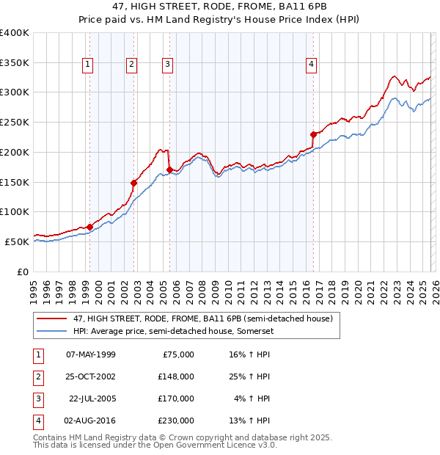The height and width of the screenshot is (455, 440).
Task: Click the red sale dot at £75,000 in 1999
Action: pos(89,227)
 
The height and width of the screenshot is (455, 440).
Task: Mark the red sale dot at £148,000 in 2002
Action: pos(134,183)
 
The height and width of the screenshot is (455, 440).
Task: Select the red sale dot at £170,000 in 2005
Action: pos(169,170)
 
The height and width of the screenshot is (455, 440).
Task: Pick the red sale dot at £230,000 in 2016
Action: pos(313,134)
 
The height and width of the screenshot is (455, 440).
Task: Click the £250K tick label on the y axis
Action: pos(15,123)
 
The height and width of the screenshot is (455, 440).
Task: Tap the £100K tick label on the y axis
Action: pos(15,212)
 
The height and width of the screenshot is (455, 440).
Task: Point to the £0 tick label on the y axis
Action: pos(22,272)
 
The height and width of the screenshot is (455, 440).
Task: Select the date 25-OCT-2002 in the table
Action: pos(90,376)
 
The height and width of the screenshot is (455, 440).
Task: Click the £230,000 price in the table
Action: pos(176,421)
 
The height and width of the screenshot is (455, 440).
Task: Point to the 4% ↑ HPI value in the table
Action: pos(252,398)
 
